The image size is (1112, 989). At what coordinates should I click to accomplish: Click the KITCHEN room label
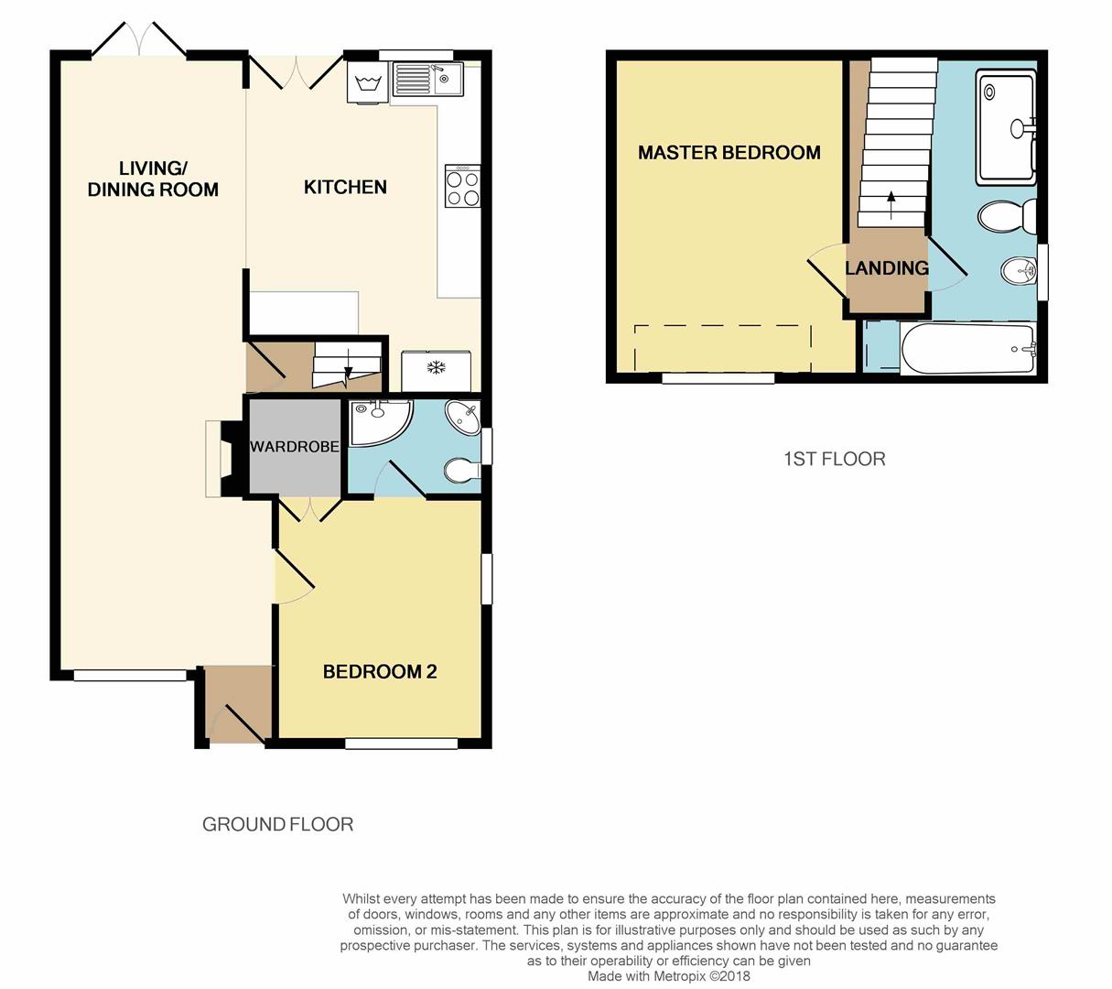[345, 187]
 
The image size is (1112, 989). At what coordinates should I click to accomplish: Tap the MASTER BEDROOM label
[729, 153]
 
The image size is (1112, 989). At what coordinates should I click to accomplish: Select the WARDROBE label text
[295, 447]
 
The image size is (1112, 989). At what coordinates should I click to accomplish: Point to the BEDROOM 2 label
[380, 671]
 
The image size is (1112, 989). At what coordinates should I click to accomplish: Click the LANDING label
[887, 268]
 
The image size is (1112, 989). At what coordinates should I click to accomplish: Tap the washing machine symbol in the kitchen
[368, 82]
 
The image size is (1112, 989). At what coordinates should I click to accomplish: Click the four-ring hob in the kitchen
[463, 186]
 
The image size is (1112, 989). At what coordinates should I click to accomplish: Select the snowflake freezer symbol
[436, 367]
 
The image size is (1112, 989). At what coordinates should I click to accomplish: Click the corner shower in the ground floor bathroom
[380, 422]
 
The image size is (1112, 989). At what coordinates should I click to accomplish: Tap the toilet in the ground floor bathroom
[462, 471]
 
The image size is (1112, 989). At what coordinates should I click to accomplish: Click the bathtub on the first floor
[967, 349]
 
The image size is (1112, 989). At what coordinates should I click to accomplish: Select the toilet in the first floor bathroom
[1007, 216]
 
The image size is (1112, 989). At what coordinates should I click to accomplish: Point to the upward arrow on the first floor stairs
[891, 204]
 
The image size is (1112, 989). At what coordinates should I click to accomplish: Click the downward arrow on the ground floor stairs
[348, 369]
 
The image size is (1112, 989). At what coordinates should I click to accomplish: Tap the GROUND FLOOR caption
[277, 824]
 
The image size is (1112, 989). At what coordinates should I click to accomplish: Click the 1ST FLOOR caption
[835, 459]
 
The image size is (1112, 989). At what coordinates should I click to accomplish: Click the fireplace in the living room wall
[226, 459]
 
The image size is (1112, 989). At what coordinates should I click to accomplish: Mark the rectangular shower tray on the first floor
[1006, 128]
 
